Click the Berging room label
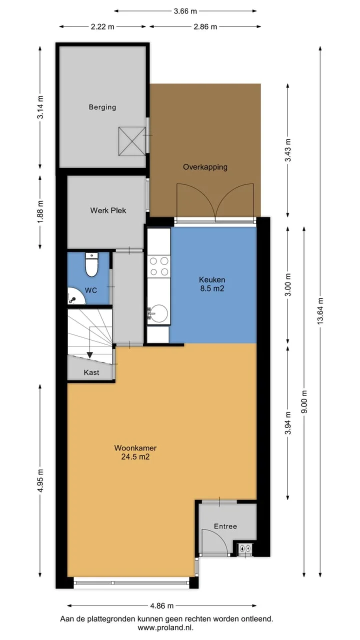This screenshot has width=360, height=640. (102, 107)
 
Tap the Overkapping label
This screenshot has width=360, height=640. (205, 167)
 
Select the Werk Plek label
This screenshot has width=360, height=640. (108, 210)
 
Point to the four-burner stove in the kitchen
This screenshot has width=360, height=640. (159, 266)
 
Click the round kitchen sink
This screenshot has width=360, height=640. (159, 314)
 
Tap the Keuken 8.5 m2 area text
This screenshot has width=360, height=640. (212, 284)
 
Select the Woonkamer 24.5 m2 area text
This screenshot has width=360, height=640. (135, 452)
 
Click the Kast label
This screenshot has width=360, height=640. (91, 372)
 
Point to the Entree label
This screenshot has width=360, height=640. (225, 526)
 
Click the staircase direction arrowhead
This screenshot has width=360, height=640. (89, 355)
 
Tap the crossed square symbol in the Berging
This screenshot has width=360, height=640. (132, 141)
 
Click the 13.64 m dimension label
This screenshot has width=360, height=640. (320, 311)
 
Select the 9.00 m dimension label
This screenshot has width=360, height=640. (304, 401)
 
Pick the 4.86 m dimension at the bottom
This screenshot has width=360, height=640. (162, 605)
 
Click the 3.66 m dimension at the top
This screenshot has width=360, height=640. (185, 11)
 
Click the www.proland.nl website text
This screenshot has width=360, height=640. (165, 627)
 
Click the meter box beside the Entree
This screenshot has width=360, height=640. (245, 548)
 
